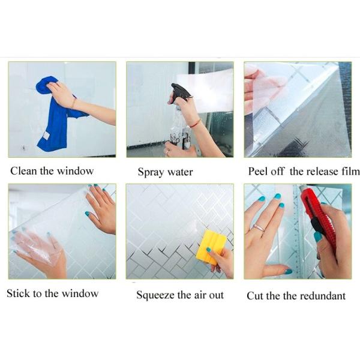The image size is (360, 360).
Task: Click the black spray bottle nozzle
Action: [x=179, y=92]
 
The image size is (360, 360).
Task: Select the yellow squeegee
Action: [x=211, y=245]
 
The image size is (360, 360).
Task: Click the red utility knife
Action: [x=317, y=220]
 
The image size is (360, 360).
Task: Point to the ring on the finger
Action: [x=259, y=227]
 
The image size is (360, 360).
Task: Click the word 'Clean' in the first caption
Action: [x=23, y=171]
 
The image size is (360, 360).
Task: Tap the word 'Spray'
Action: [x=151, y=173]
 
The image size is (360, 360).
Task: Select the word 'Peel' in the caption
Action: [x=258, y=171]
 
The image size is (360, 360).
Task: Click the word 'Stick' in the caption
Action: [x=18, y=293]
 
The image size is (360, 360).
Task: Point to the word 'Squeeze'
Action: [x=155, y=295]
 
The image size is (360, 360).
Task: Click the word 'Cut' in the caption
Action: [x=255, y=295]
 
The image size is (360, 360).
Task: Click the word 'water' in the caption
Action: [x=180, y=173]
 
